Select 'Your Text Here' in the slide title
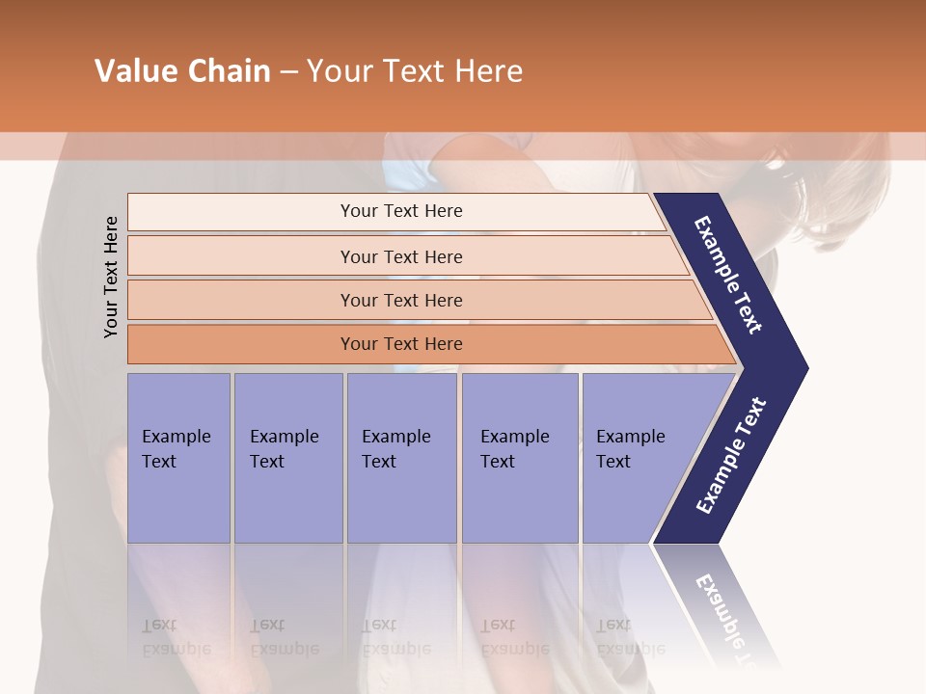[x=415, y=71]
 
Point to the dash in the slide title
[x=288, y=72]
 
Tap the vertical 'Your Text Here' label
[x=111, y=277]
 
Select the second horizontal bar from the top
[x=401, y=256]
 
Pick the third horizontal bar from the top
[x=401, y=300]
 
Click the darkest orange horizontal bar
[x=401, y=344]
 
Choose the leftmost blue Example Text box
[x=178, y=458]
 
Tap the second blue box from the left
[x=287, y=458]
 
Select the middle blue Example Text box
[x=401, y=458]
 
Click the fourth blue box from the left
[x=520, y=458]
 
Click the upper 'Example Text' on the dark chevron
[x=729, y=275]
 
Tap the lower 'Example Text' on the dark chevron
[x=731, y=456]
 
